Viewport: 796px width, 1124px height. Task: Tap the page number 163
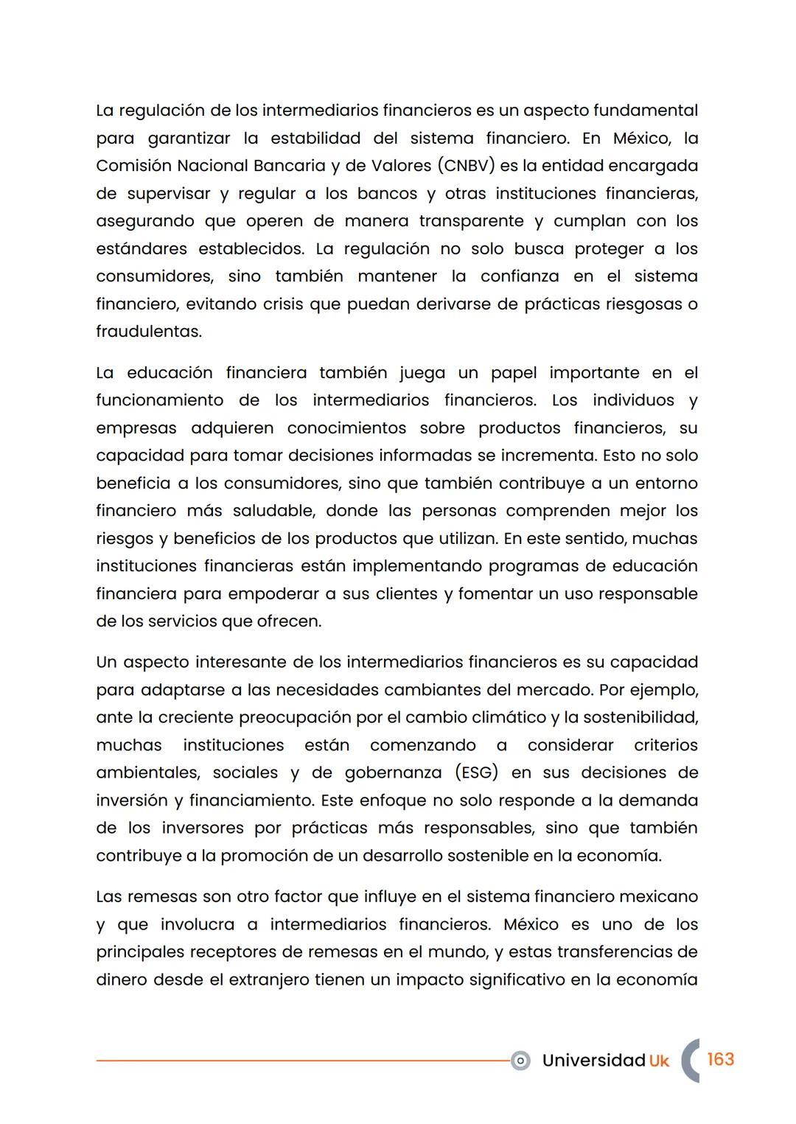click(x=720, y=1059)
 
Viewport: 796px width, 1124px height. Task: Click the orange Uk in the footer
click(x=659, y=1061)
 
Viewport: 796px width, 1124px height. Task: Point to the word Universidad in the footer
click(x=593, y=1061)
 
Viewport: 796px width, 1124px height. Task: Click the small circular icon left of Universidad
click(x=520, y=1061)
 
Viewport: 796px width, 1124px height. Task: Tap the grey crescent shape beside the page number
click(x=689, y=1061)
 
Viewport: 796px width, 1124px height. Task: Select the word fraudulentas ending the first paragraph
click(x=147, y=332)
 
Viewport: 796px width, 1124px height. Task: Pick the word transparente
click(x=471, y=221)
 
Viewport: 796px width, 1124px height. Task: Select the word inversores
click(x=202, y=828)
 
